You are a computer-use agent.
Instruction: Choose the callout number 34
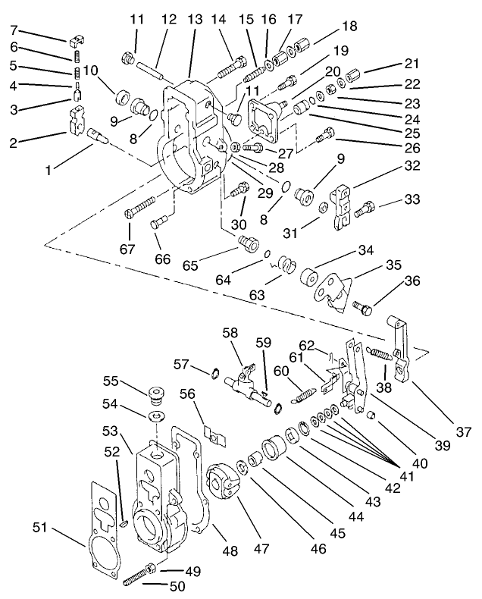pyautogui.click(x=367, y=251)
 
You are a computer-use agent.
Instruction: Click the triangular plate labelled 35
pyautogui.click(x=334, y=290)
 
